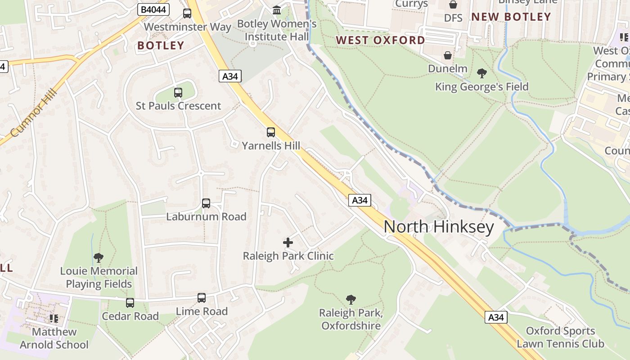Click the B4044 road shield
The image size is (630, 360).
point(153,9)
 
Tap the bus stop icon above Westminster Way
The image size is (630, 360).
point(187,13)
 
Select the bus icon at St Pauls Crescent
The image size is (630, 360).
point(178,93)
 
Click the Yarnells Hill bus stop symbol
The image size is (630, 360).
point(270,132)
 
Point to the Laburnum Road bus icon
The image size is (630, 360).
point(206,203)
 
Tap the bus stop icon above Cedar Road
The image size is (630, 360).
point(130,303)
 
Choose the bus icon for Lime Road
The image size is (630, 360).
point(202,298)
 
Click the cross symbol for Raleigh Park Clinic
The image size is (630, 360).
point(288,243)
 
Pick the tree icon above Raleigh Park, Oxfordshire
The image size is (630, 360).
point(351,299)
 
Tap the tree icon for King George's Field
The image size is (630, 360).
point(481,73)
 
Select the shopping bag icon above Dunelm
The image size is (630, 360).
point(448,56)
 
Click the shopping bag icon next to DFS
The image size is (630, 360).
point(453,5)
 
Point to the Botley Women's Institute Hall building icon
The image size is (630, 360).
point(277,10)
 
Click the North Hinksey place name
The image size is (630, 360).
point(439,227)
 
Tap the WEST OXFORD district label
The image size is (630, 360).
point(380,40)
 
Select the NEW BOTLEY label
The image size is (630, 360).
point(511,17)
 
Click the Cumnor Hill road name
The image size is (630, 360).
point(34,112)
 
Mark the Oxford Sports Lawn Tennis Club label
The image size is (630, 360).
point(560,337)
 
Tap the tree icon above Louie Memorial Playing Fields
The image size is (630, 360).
point(99,258)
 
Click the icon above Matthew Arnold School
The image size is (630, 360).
point(54,319)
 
